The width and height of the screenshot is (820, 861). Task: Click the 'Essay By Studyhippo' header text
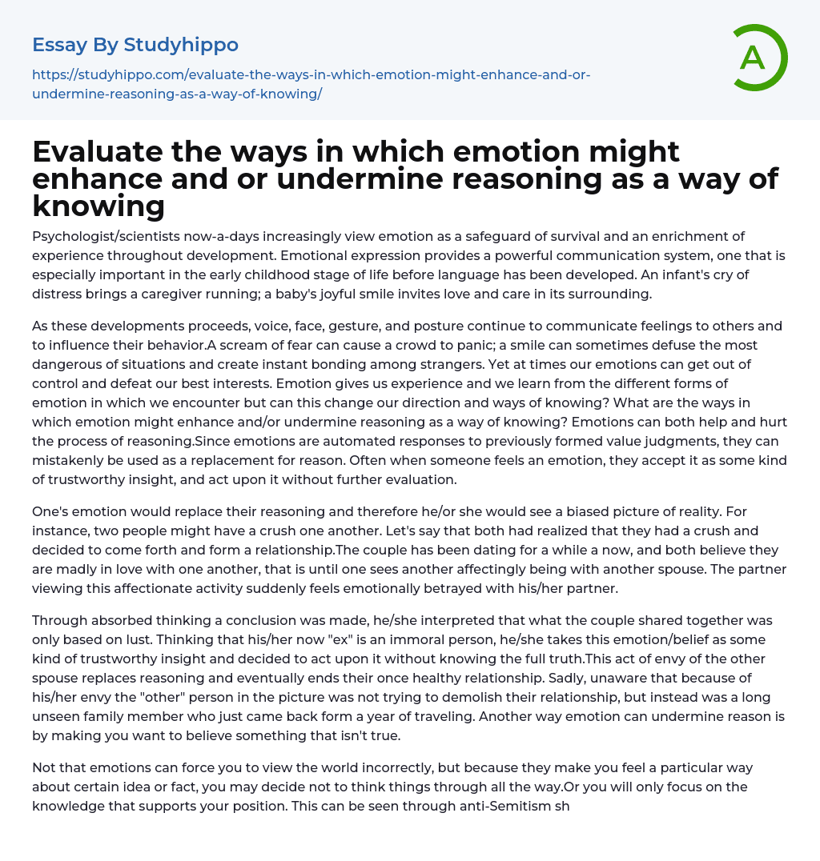pyautogui.click(x=135, y=45)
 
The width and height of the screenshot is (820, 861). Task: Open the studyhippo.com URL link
pyautogui.click(x=311, y=84)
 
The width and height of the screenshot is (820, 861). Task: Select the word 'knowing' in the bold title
pyautogui.click(x=98, y=206)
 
